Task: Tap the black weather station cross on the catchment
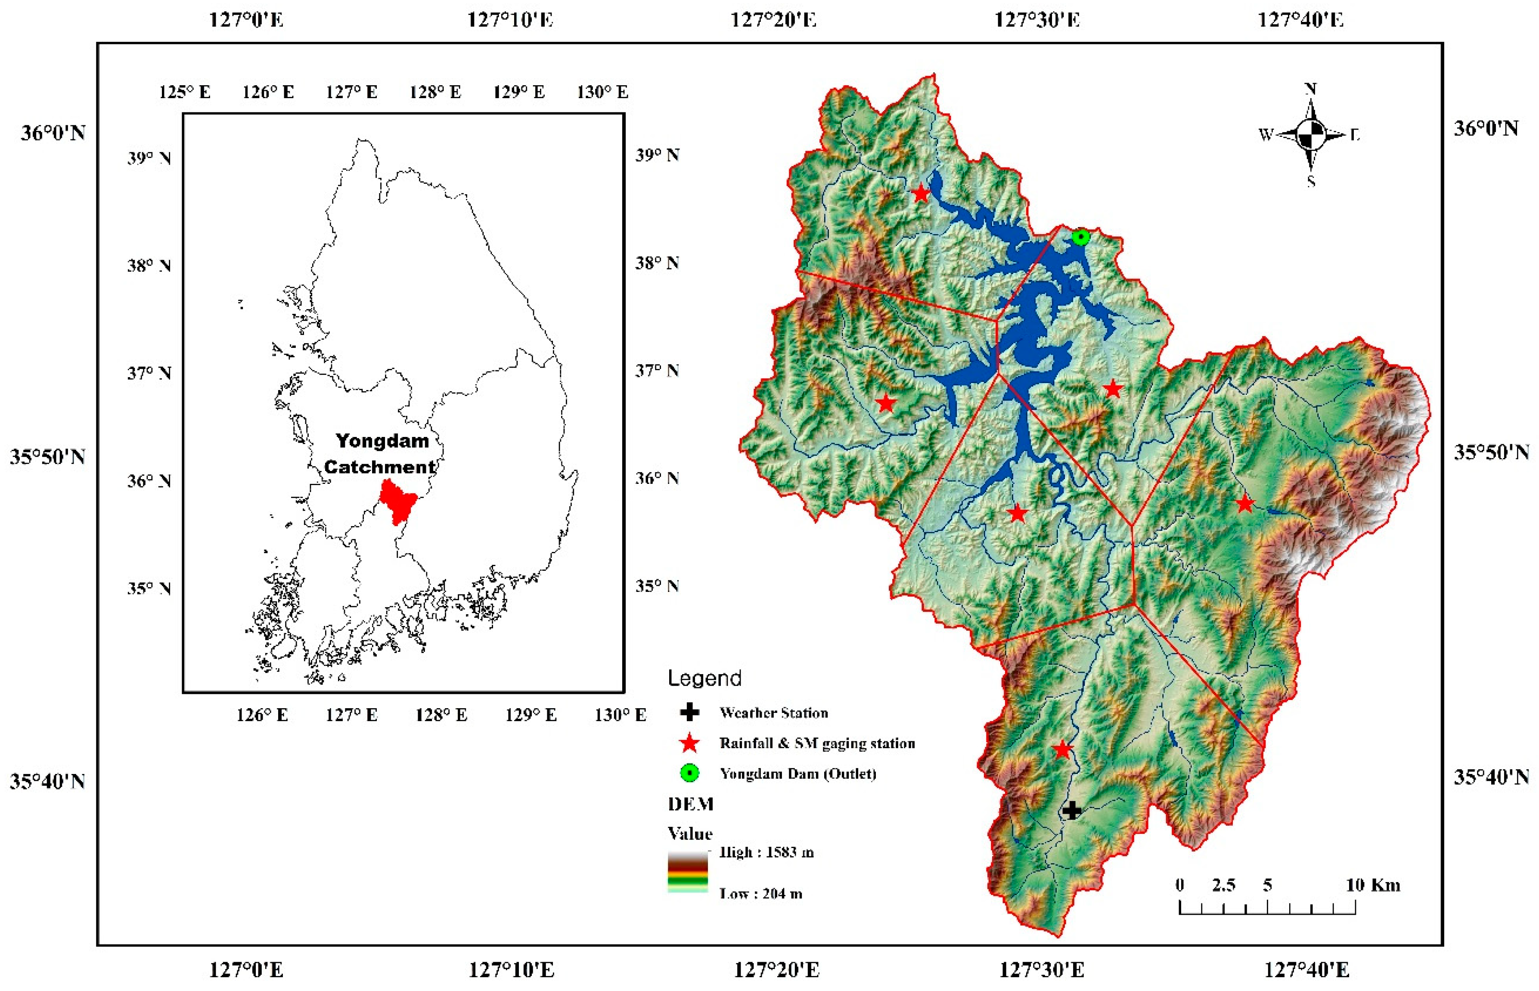click(1071, 810)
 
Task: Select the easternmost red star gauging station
click(1245, 503)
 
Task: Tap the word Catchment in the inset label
click(380, 467)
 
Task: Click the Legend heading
click(704, 678)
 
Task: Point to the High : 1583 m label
click(766, 853)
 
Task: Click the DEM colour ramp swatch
click(687, 872)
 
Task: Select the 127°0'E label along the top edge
click(246, 20)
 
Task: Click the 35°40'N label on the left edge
click(47, 782)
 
